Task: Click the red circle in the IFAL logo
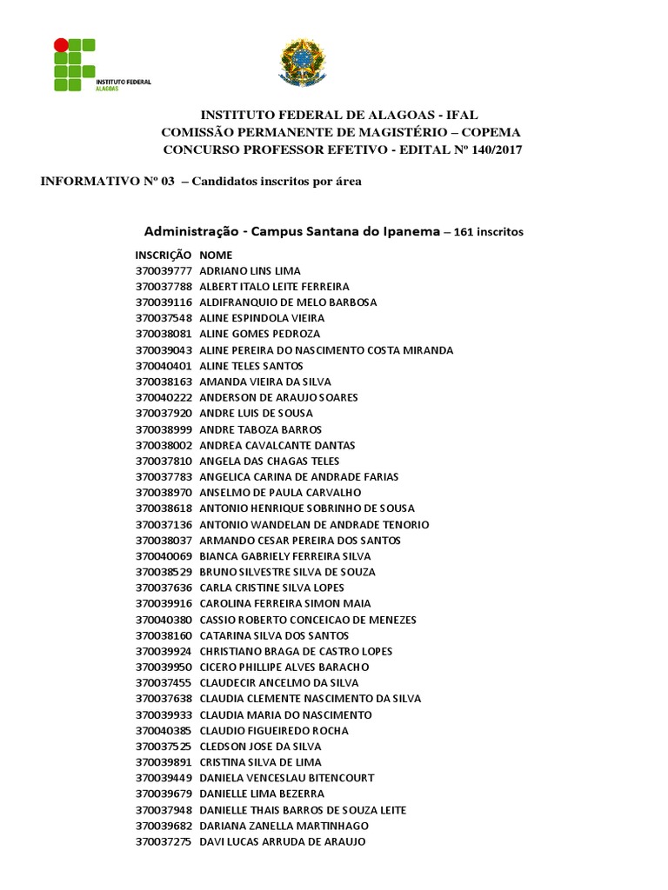(61, 43)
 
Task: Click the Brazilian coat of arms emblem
(302, 63)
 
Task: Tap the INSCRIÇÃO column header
(163, 256)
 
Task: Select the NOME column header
(216, 256)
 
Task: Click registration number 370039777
(164, 271)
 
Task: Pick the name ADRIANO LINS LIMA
(250, 271)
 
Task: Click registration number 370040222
(164, 397)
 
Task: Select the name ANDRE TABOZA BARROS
(260, 429)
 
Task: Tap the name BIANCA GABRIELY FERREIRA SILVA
(284, 556)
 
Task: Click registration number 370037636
(164, 588)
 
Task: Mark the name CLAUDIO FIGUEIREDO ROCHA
(273, 731)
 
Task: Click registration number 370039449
(164, 778)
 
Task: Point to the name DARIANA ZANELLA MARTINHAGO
(284, 826)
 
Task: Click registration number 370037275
(164, 841)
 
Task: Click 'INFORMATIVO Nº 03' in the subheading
(108, 182)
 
